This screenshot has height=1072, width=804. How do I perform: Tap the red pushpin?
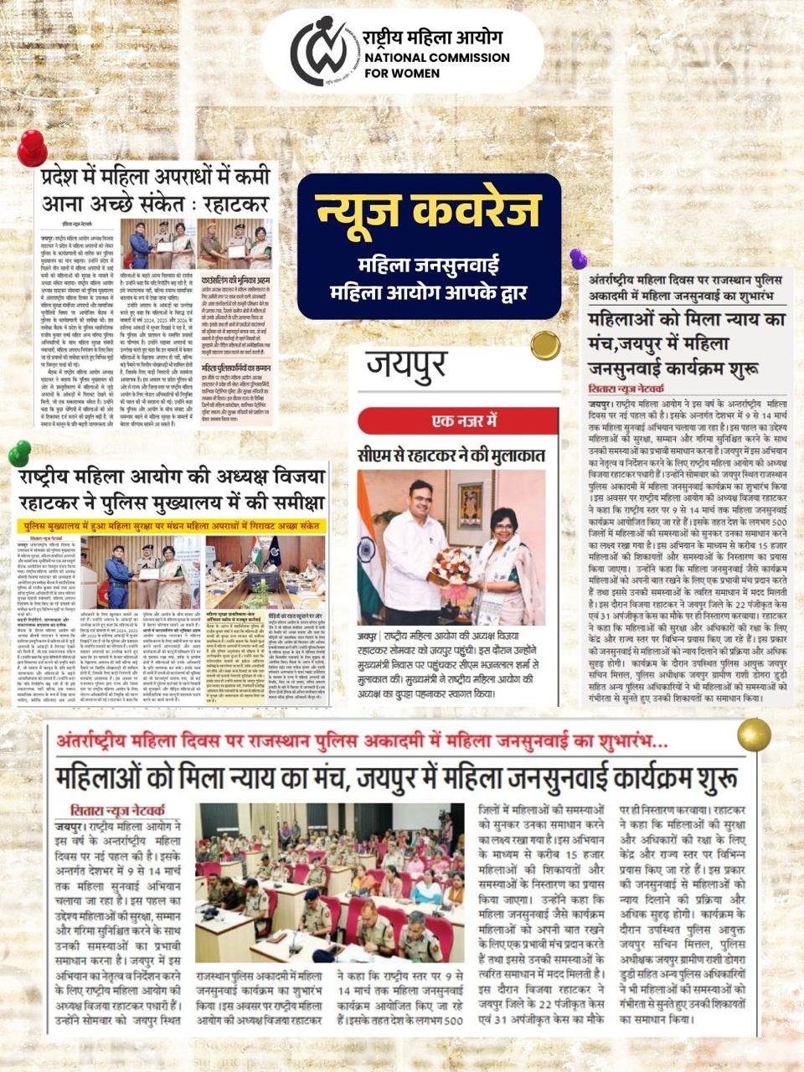(32, 148)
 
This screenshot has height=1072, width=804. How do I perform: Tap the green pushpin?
(18, 453)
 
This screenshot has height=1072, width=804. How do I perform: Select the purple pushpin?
(578, 258)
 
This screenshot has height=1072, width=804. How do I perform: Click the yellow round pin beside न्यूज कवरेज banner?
(545, 344)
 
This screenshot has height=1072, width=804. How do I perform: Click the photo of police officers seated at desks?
(329, 882)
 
